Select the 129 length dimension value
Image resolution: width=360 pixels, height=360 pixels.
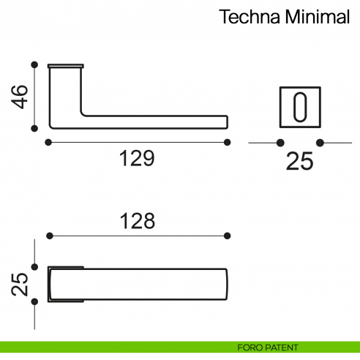click(137, 159)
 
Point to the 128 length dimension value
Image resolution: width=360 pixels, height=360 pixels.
click(137, 220)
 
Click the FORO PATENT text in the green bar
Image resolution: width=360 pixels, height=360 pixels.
click(267, 347)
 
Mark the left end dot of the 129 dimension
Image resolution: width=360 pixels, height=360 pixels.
click(48, 142)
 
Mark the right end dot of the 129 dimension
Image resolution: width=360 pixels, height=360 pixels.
click(227, 142)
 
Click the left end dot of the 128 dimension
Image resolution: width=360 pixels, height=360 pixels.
click(50, 236)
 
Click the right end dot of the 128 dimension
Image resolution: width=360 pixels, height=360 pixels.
click(227, 236)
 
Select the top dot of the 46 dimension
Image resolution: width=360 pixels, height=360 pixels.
click(34, 64)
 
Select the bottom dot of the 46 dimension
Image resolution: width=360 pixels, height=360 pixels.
click(34, 128)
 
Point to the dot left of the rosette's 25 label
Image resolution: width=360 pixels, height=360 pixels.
click(280, 143)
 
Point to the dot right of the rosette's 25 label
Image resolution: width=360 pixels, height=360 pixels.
click(320, 143)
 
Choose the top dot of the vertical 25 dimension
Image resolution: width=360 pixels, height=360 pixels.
click(34, 267)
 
